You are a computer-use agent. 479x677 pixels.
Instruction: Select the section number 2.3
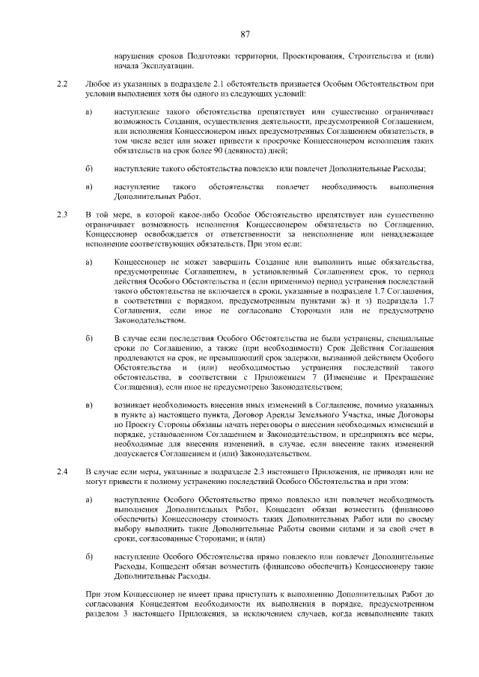tap(63, 215)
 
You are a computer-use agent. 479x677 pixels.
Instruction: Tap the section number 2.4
tap(63, 472)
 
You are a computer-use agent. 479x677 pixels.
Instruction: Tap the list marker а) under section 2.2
tap(90, 111)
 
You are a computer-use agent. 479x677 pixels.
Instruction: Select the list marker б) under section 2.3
tap(90, 339)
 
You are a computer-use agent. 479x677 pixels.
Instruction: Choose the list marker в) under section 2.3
tap(90, 405)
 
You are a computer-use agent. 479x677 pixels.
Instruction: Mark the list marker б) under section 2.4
tap(90, 557)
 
